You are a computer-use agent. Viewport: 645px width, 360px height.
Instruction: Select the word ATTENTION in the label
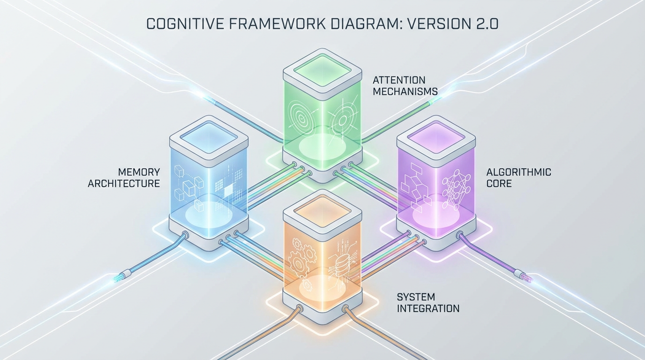pyautogui.click(x=399, y=80)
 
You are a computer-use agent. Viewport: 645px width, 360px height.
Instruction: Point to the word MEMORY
pyautogui.click(x=139, y=172)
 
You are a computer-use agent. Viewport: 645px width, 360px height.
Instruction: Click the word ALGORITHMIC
pyautogui.click(x=518, y=172)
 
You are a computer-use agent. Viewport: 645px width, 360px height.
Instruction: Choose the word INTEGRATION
pyautogui.click(x=428, y=308)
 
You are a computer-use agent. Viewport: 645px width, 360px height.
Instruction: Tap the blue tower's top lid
pyautogui.click(x=208, y=136)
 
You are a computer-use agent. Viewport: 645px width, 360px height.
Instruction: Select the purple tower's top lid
pyautogui.click(x=436, y=136)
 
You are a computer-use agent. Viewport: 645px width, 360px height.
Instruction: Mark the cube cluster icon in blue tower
pyautogui.click(x=187, y=185)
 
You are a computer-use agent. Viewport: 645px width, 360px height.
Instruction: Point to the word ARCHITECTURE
pyautogui.click(x=124, y=184)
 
